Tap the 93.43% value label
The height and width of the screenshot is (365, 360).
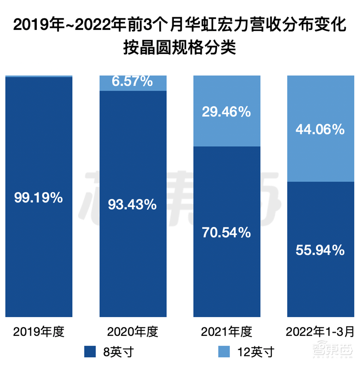(132, 205)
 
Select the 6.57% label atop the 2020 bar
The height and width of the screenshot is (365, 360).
(132, 81)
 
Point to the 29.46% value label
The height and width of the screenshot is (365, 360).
(226, 112)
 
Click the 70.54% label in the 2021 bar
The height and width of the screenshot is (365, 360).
(226, 233)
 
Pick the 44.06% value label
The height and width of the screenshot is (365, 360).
(320, 129)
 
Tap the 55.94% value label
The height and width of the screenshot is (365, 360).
(320, 250)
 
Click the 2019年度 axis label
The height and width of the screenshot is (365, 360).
(39, 331)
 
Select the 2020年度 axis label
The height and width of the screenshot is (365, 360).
(132, 331)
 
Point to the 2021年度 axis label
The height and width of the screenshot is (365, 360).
(226, 331)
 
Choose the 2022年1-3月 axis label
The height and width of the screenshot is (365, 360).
(320, 331)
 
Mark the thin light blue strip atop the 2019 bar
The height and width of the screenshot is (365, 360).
(39, 76)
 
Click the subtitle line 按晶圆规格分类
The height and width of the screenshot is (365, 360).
(180, 47)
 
